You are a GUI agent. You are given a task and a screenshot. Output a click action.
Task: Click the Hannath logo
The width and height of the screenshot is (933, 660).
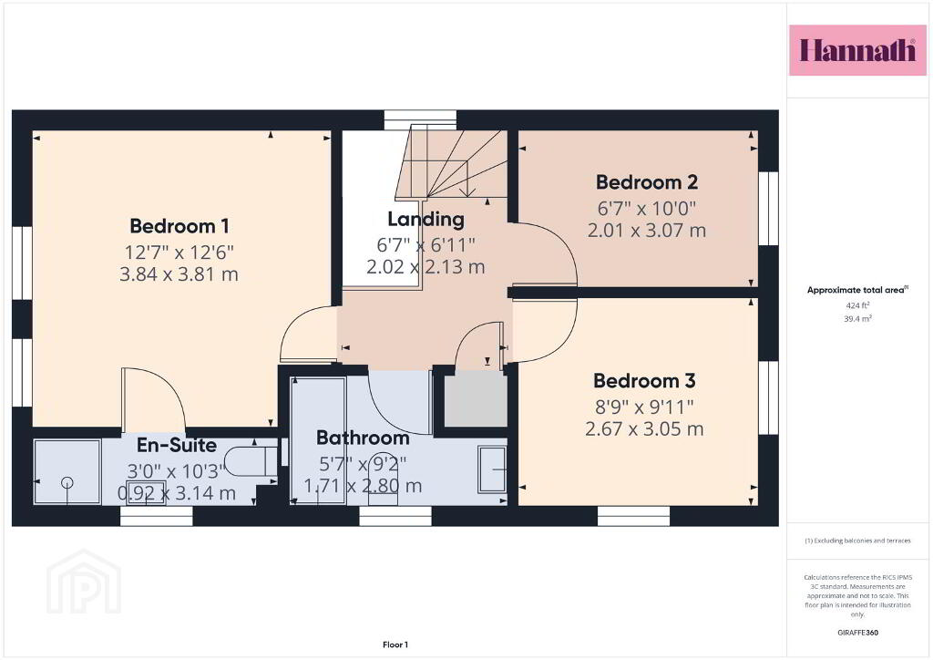click(x=857, y=50)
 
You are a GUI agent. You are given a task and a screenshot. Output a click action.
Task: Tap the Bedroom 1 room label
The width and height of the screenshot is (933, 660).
click(x=179, y=226)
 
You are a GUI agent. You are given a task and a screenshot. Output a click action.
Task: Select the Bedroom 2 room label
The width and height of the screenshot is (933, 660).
click(x=647, y=182)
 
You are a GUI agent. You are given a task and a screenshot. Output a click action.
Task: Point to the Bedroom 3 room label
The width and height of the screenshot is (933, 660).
click(x=644, y=380)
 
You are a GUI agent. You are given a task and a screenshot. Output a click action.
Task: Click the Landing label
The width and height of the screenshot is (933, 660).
click(x=425, y=220)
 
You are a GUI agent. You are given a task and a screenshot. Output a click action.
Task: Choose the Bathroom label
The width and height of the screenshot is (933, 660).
click(x=363, y=438)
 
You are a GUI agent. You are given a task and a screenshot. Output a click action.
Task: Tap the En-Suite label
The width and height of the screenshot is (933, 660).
click(x=177, y=445)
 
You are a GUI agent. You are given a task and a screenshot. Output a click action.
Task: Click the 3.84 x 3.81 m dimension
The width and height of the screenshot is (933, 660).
click(x=179, y=274)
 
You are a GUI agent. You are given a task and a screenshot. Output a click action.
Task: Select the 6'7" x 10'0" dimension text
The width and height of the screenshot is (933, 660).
click(x=647, y=209)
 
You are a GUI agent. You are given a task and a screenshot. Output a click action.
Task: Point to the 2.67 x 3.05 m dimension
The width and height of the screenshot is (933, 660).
click(x=644, y=429)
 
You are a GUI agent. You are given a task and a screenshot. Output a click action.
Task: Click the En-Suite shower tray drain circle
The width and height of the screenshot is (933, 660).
click(x=67, y=482)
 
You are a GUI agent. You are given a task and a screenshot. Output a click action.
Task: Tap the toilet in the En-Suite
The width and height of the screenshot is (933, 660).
click(x=251, y=460)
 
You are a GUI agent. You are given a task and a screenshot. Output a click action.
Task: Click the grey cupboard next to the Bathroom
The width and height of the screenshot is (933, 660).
click(x=476, y=397)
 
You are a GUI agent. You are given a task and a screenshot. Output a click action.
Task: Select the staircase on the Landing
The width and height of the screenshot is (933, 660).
click(x=452, y=164)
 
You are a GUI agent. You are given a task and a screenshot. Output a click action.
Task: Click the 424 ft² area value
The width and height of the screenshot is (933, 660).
click(x=857, y=305)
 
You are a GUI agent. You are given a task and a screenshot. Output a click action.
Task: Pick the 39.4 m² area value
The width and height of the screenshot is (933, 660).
click(x=857, y=318)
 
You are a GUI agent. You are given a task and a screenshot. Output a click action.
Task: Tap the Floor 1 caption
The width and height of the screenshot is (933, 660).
click(x=395, y=645)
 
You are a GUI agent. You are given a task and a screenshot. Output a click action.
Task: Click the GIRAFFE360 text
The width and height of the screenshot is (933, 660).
click(x=857, y=633)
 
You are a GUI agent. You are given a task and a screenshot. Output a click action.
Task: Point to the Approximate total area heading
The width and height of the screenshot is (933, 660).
click(x=857, y=291)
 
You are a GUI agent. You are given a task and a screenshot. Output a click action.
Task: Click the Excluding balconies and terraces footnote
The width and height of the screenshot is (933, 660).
click(x=857, y=541)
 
